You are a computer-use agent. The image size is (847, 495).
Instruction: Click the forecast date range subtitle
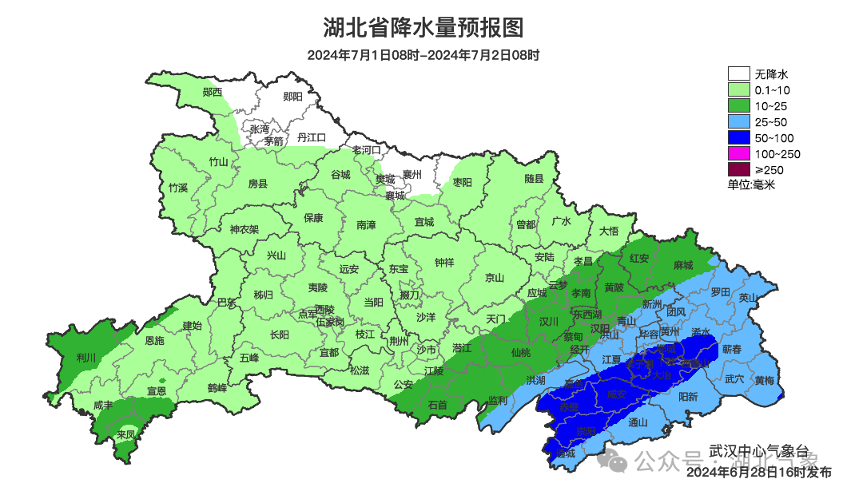(x=423, y=55)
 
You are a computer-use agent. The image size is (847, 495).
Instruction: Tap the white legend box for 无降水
(x=738, y=74)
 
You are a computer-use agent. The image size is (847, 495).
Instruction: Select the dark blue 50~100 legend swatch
(x=738, y=138)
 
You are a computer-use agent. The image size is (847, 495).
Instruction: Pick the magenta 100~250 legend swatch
(x=738, y=154)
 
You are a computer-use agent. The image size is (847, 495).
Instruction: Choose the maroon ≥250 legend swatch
(x=738, y=169)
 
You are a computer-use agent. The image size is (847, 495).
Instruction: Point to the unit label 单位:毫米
(x=751, y=184)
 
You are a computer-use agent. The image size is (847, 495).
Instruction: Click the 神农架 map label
(x=245, y=229)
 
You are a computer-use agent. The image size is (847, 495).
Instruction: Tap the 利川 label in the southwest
(x=85, y=357)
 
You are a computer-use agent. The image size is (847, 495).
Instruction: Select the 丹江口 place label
(x=312, y=138)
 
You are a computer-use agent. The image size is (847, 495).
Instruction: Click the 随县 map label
(x=534, y=180)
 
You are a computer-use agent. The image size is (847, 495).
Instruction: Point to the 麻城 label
(x=682, y=265)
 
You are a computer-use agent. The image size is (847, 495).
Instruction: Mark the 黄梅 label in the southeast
(x=764, y=380)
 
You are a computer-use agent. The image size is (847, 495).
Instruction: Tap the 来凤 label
(x=125, y=435)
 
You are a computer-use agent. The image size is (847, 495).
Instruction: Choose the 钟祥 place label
(x=444, y=263)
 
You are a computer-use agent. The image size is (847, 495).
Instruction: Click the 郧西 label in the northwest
(x=213, y=93)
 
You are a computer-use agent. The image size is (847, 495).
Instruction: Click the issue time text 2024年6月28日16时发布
(x=758, y=472)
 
